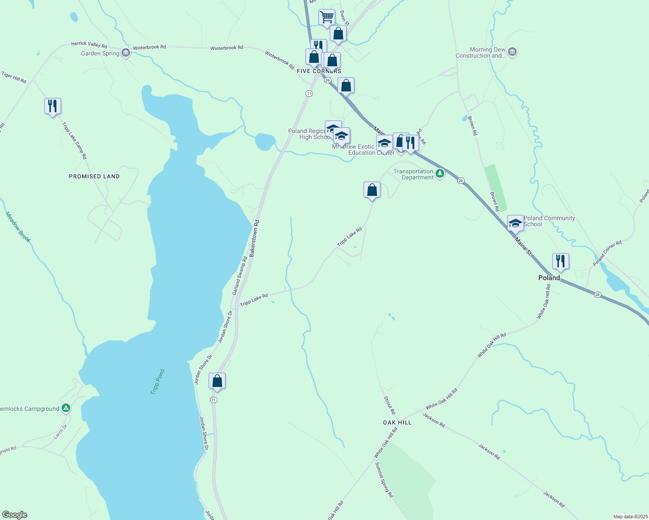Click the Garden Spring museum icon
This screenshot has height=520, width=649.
tap(126, 53)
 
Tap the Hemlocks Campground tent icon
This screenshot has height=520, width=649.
tap(66, 408)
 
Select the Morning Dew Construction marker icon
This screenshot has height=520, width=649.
tap(512, 52)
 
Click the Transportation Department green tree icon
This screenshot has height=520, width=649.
tap(440, 174)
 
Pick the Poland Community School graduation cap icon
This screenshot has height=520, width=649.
tap(515, 223)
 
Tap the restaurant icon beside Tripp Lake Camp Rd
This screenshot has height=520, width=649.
tap(52, 106)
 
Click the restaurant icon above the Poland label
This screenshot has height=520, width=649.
tap(560, 261)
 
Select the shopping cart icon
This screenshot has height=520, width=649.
tap(327, 17)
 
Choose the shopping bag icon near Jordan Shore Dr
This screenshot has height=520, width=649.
tap(217, 381)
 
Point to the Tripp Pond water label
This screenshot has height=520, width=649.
tap(157, 381)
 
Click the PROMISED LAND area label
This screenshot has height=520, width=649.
tap(94, 176)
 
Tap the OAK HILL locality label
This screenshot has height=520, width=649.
tap(397, 422)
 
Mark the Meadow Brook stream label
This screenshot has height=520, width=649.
tap(18, 227)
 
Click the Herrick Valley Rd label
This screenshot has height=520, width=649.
tap(89, 44)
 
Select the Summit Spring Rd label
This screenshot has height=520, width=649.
tap(384, 480)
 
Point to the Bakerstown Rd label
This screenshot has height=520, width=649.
tap(254, 238)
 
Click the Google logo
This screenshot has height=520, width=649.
tap(15, 514)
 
